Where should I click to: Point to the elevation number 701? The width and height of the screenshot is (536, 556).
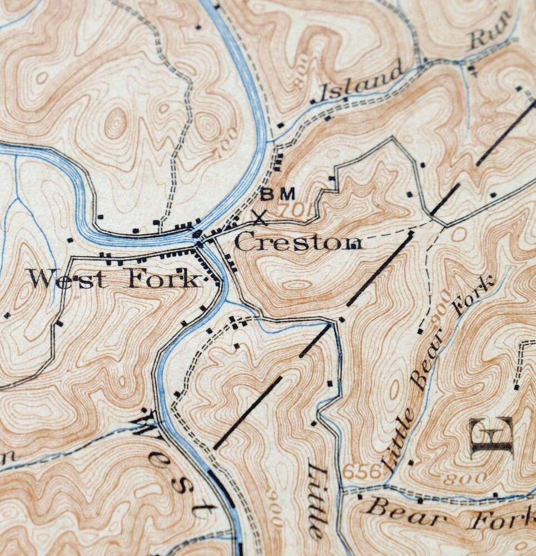pyautogui.click(x=294, y=211)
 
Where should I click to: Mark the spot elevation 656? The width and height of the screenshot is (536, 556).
pyautogui.click(x=362, y=471)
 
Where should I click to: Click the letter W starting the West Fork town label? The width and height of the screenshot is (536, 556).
pyautogui.click(x=41, y=278)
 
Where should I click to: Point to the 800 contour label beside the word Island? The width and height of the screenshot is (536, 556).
pyautogui.click(x=300, y=78)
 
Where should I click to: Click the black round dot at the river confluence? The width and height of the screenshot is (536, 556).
pyautogui.click(x=197, y=234)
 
